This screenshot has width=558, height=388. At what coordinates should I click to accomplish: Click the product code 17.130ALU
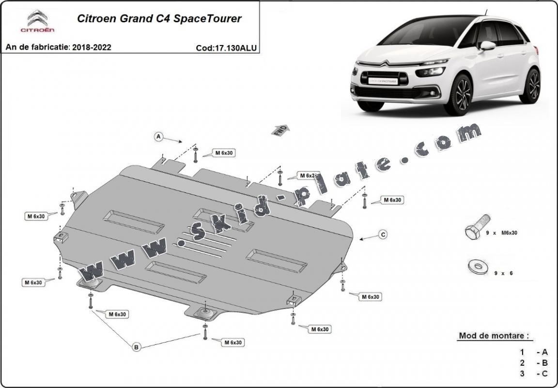pos(226,48)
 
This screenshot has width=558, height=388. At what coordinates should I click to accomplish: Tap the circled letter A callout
pos(158,137)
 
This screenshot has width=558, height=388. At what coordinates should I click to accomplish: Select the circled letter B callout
pos(137,346)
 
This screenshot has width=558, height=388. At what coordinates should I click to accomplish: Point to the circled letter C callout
pos(383,234)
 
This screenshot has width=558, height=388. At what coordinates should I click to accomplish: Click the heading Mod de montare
pos(493,335)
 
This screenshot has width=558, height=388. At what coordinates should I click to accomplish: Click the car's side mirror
pos(487,46)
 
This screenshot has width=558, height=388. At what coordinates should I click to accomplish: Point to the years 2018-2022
pos(92,47)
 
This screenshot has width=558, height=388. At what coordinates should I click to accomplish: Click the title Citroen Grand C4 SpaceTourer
pos(159,19)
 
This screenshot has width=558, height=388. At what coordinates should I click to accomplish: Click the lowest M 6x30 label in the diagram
pos(233,342)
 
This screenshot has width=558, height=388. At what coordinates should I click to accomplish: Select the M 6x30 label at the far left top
pos(36,216)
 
